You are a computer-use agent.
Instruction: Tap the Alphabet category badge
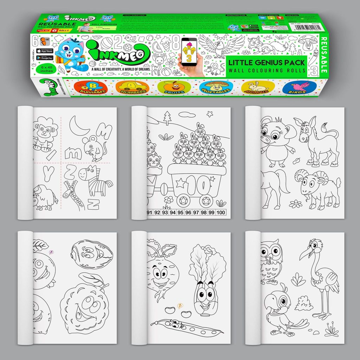click(x=89, y=88)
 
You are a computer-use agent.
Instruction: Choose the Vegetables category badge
click(x=216, y=88)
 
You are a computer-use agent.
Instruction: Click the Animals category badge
click(x=258, y=88)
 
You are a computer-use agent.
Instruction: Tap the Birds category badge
click(x=299, y=88)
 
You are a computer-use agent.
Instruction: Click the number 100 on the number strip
click(x=220, y=212)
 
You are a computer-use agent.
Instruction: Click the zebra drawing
click(x=97, y=181)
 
